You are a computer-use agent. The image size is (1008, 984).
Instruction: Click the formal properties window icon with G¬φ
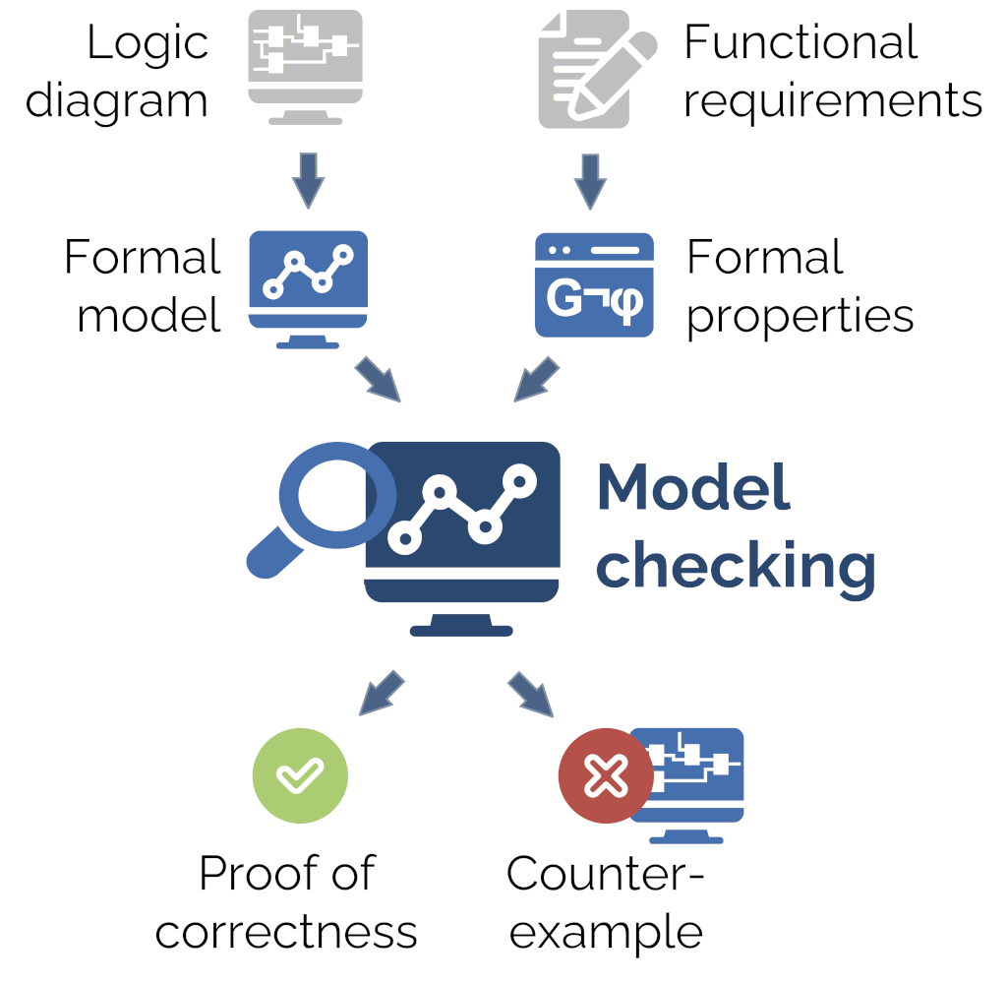(594, 285)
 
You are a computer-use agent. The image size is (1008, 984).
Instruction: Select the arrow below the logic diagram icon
(307, 178)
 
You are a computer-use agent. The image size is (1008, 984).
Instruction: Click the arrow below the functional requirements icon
(589, 178)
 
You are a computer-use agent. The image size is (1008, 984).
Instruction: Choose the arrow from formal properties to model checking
(536, 380)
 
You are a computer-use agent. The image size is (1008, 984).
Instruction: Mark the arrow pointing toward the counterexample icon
(531, 695)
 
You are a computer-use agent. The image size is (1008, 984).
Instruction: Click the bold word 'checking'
(736, 566)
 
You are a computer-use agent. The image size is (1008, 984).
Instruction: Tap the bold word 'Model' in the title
(693, 487)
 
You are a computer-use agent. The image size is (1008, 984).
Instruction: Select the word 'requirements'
(832, 101)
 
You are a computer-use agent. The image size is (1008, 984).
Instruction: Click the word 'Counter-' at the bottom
(606, 873)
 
